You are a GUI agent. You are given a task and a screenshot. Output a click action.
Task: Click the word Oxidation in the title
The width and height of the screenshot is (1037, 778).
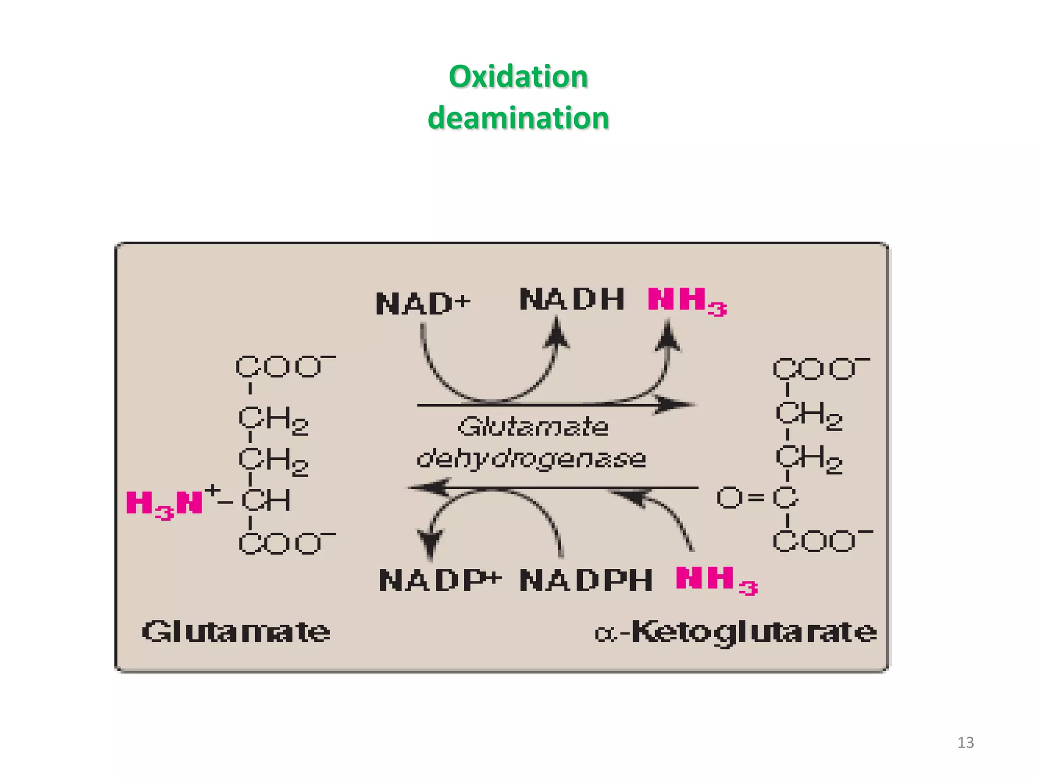pos(518,77)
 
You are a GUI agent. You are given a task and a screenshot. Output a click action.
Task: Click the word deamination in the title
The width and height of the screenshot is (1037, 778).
pos(518,118)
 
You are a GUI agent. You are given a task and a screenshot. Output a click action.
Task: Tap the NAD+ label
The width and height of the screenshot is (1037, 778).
pos(423,304)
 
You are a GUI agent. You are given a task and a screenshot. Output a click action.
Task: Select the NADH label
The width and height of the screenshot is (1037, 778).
pos(572,299)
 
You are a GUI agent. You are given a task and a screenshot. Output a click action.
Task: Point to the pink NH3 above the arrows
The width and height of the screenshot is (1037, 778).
pos(687,301)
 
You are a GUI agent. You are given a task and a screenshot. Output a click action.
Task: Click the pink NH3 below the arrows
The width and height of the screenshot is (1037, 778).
pos(716,580)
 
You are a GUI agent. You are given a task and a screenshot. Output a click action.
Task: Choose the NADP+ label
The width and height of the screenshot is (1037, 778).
pos(440,580)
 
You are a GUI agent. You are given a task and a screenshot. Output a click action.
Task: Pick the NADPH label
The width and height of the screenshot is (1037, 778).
pos(585,580)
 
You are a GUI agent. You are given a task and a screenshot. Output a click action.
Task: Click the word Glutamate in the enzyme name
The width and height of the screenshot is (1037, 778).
pos(533,426)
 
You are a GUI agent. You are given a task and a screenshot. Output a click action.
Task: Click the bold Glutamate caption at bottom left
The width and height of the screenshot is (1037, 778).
pos(236,632)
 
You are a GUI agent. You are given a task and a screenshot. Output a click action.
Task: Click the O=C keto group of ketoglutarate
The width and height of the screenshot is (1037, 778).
pos(757,498)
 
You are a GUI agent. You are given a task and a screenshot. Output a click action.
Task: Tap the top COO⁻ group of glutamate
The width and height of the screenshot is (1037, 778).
pos(285,367)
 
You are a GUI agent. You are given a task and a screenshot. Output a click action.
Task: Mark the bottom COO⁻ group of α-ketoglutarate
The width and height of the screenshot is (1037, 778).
pos(821,541)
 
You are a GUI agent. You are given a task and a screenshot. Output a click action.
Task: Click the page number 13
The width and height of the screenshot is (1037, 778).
pos(965,743)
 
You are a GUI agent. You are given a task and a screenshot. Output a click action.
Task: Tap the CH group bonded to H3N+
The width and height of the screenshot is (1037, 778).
pos(266,501)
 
